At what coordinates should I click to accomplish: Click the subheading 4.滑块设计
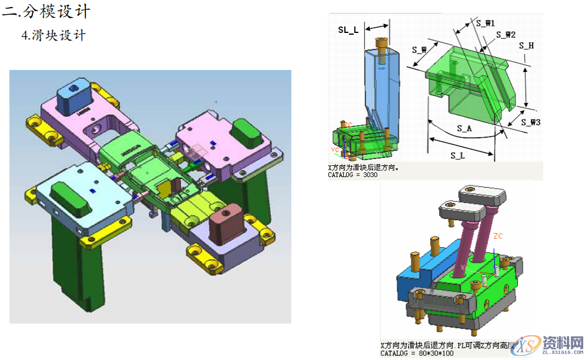pyautogui.click(x=54, y=35)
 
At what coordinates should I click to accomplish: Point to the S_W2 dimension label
pyautogui.click(x=506, y=35)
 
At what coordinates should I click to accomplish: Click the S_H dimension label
pyautogui.click(x=526, y=45)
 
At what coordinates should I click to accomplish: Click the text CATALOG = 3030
pyautogui.click(x=353, y=175)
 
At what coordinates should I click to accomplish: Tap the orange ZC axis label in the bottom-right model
pyautogui.click(x=498, y=236)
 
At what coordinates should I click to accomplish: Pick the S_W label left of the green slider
pyautogui.click(x=419, y=50)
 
